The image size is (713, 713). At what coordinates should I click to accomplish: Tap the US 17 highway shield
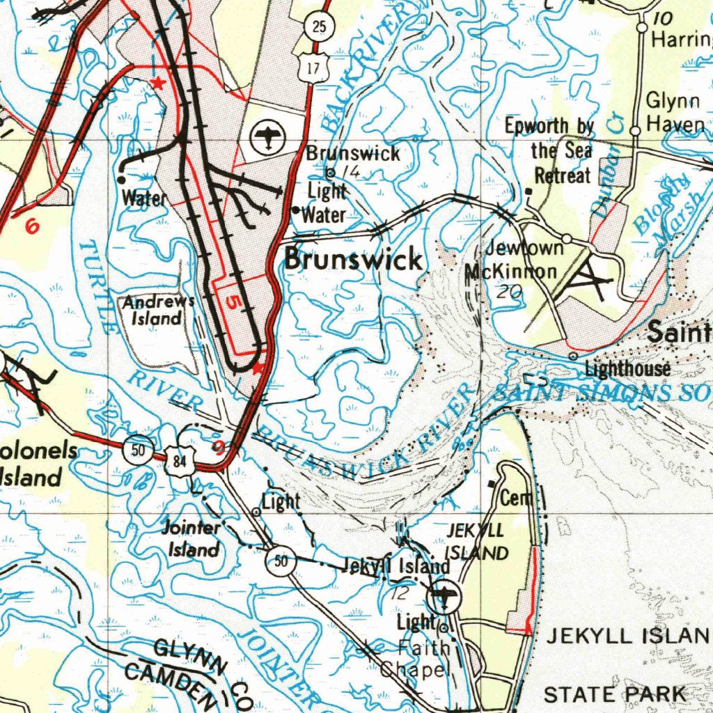pyautogui.click(x=313, y=68)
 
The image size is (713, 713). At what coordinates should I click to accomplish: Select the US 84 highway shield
pyautogui.click(x=180, y=460)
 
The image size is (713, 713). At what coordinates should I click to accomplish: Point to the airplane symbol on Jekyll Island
pyautogui.click(x=442, y=594)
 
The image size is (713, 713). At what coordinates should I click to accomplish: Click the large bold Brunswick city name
pyautogui.click(x=353, y=260)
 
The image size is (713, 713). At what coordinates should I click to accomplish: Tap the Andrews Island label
pyautogui.click(x=157, y=311)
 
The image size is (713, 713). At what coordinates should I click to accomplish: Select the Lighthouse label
pyautogui.click(x=627, y=368)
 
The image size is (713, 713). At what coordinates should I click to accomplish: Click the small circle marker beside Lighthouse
pyautogui.click(x=572, y=356)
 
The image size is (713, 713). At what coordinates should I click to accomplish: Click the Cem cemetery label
pyautogui.click(x=516, y=497)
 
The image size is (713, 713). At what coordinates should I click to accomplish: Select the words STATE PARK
pyautogui.click(x=614, y=694)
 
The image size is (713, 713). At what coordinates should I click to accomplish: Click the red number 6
pyautogui.click(x=31, y=226)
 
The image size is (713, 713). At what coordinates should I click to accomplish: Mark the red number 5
pyautogui.click(x=233, y=303)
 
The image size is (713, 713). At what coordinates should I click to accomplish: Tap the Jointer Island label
pyautogui.click(x=191, y=539)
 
